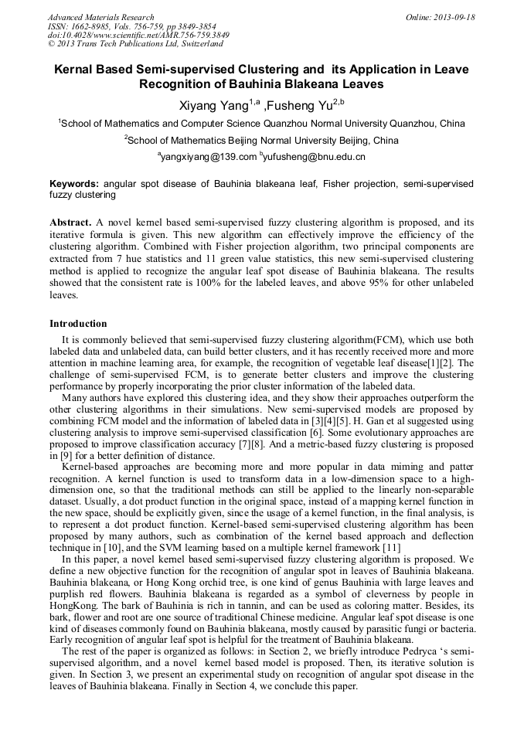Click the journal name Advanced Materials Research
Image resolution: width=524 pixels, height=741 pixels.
(100, 17)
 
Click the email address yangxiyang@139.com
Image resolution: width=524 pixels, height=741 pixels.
(209, 156)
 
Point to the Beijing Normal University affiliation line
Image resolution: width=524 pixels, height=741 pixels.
(262, 140)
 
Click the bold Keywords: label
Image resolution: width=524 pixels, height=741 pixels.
(74, 184)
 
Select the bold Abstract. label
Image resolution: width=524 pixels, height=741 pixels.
(71, 222)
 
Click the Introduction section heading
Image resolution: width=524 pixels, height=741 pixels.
(78, 323)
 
